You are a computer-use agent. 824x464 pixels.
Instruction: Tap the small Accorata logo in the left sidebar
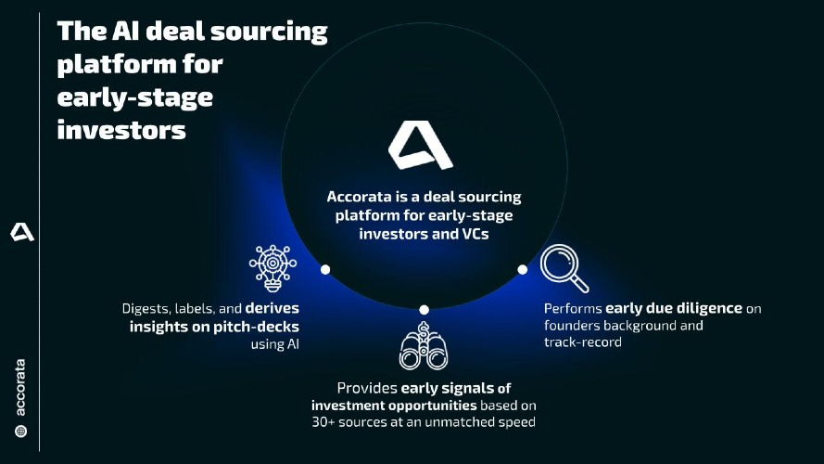point(22,232)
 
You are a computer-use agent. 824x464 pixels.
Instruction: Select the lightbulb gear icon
point(273,268)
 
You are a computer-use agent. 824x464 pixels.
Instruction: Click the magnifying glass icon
point(564,268)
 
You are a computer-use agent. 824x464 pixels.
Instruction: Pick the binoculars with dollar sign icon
point(424,345)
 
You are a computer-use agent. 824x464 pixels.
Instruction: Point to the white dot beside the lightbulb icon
point(325,270)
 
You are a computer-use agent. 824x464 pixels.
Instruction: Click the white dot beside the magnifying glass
point(523,270)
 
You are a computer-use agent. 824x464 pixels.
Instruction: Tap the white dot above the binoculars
point(425,310)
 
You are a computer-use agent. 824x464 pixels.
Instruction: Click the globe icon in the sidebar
point(21,432)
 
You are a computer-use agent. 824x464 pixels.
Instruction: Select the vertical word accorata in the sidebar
point(20,388)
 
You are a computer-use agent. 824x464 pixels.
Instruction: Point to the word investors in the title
point(121,130)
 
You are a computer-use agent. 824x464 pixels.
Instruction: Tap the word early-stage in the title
point(135,97)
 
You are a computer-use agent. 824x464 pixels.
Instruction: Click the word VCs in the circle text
point(475,234)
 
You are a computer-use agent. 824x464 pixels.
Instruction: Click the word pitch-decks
point(257,327)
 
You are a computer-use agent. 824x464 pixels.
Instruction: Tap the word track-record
point(583,342)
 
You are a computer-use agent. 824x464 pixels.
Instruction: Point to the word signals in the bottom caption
point(468,388)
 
